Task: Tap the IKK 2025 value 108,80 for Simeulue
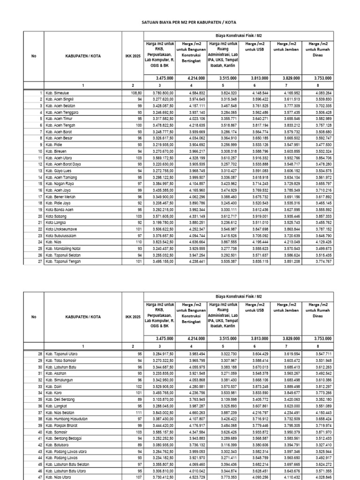(133, 93)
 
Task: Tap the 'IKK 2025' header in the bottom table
(133, 317)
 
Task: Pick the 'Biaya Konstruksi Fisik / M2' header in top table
(240, 35)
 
